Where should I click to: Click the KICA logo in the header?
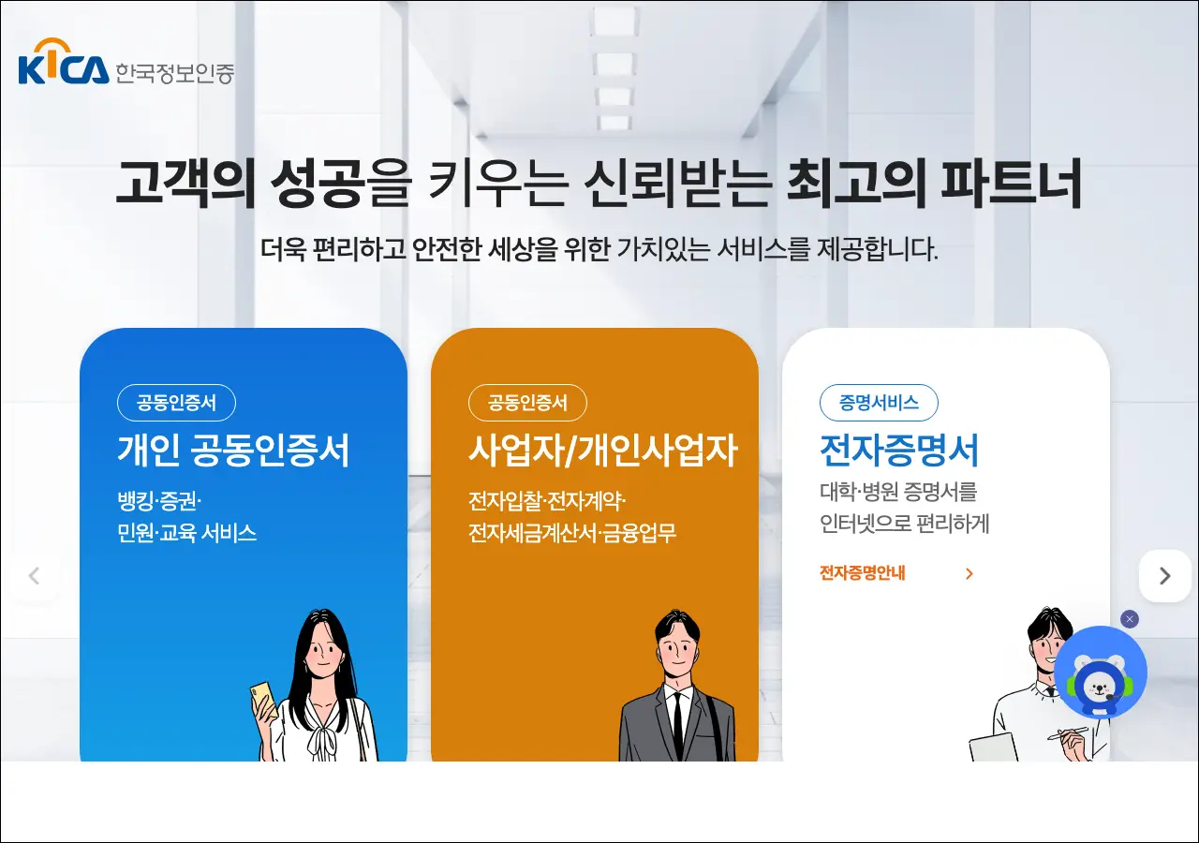point(63,62)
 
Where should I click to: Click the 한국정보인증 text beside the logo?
point(175,73)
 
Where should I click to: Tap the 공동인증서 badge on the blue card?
point(176,403)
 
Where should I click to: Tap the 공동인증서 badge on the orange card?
point(527,403)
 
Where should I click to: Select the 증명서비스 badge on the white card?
point(879,403)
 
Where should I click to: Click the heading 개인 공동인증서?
point(233,451)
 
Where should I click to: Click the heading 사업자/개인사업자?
point(603,451)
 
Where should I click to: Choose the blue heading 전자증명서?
point(899,451)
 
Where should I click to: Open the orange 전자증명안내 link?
point(863,573)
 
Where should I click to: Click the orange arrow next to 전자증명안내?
point(970,574)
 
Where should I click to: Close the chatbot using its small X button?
point(1130,619)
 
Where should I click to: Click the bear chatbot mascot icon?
point(1101,673)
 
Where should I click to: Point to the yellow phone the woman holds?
point(264,698)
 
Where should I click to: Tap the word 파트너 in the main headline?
point(1011,183)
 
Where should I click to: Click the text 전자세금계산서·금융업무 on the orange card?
point(572,533)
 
